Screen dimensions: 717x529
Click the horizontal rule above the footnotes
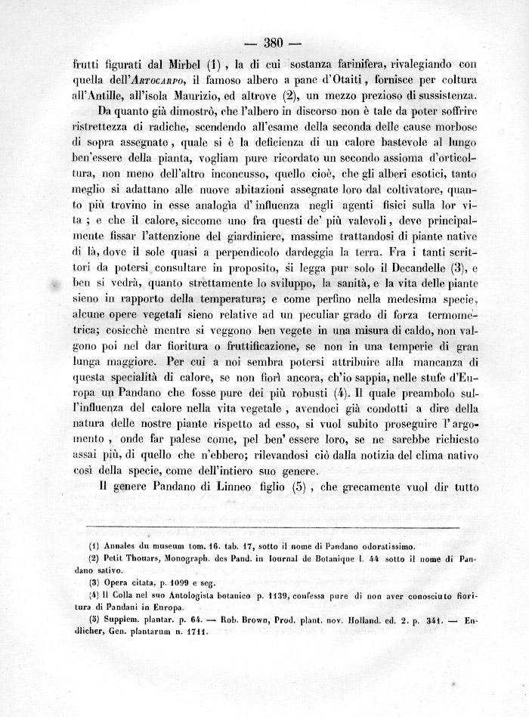(274, 527)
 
